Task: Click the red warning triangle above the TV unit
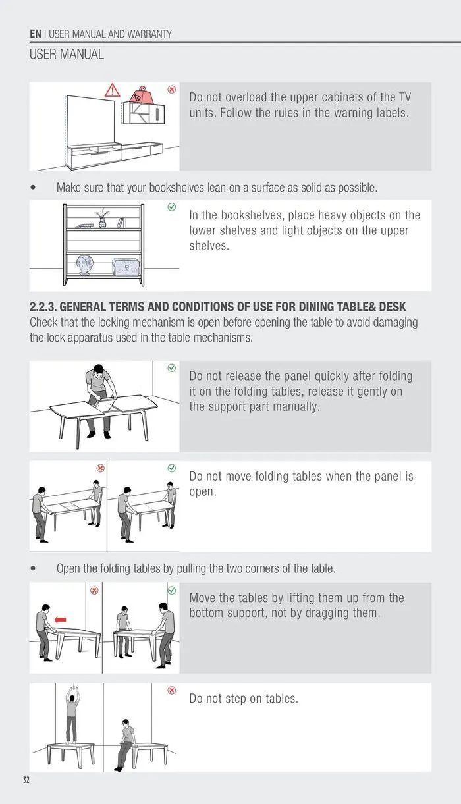[112, 90]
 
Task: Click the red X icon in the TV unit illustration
[172, 89]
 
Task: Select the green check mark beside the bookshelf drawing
[172, 207]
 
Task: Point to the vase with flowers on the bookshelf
[102, 218]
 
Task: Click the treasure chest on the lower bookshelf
[125, 267]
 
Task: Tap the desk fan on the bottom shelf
[85, 265]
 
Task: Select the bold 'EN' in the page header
[36, 34]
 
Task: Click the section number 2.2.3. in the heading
[43, 307]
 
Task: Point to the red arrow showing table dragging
[61, 619]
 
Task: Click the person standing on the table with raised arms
[72, 714]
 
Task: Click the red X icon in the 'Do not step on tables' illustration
[172, 690]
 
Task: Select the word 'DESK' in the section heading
[393, 307]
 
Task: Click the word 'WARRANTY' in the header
[149, 34]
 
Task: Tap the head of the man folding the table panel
[98, 369]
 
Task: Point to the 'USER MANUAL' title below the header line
[67, 55]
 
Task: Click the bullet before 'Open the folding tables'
[34, 568]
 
